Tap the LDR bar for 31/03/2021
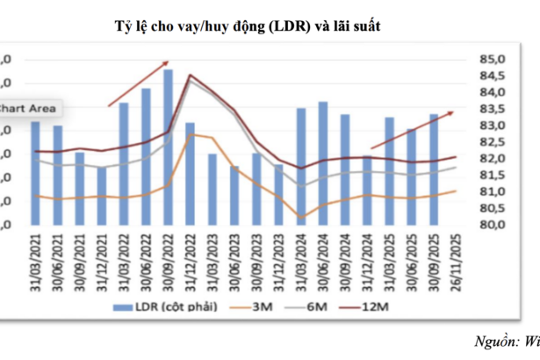(35, 172)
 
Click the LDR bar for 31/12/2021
(102, 195)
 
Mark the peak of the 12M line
(191, 76)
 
